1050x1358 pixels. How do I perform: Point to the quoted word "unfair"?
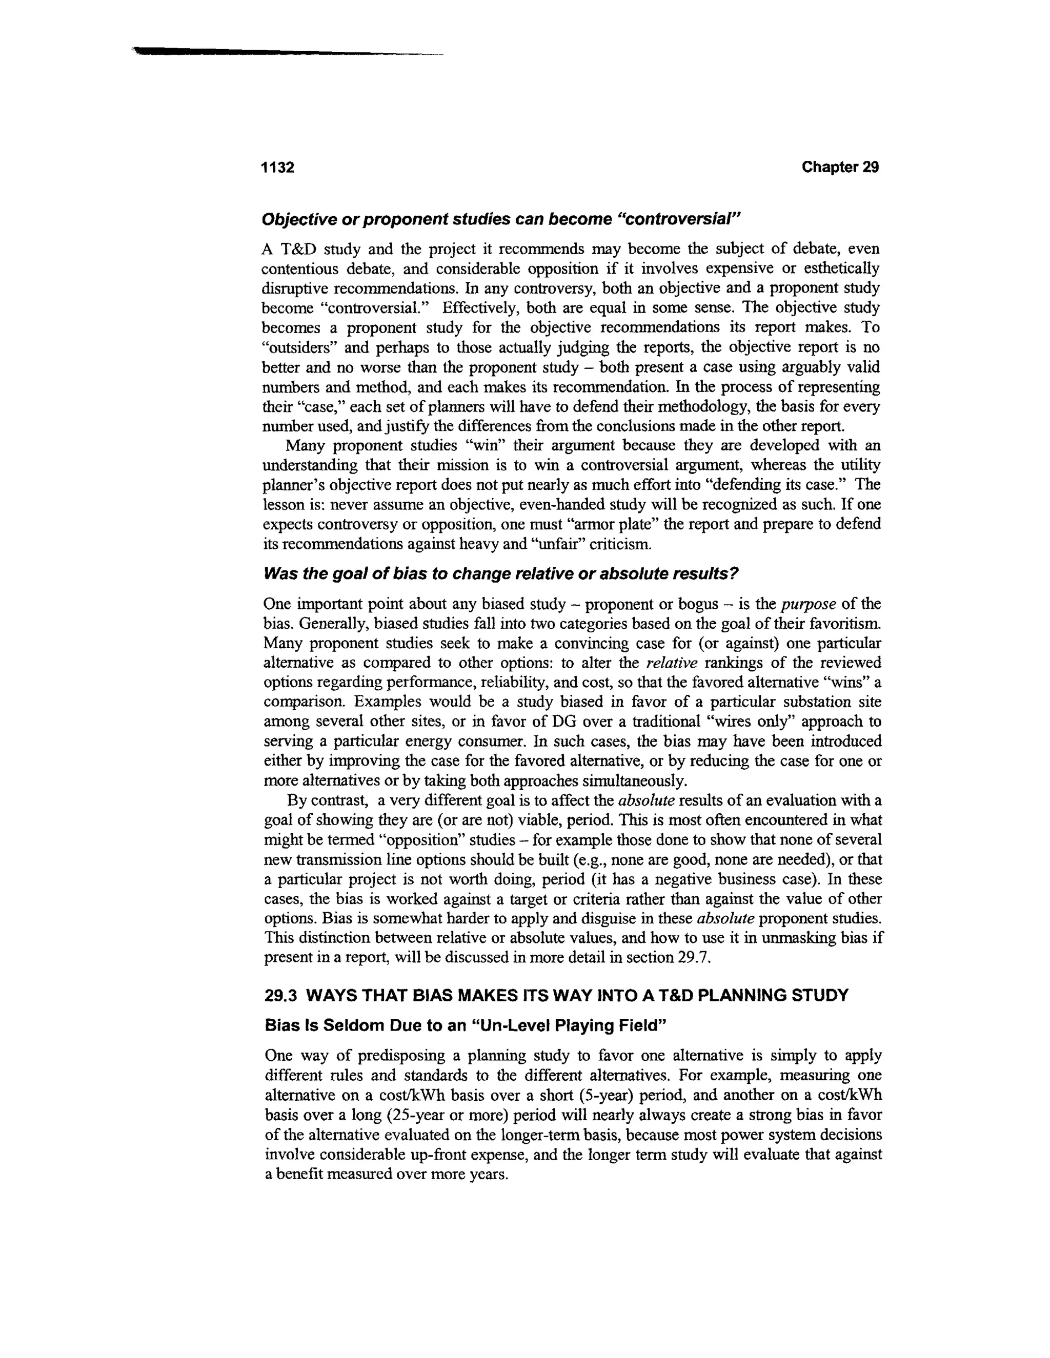click(551, 544)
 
